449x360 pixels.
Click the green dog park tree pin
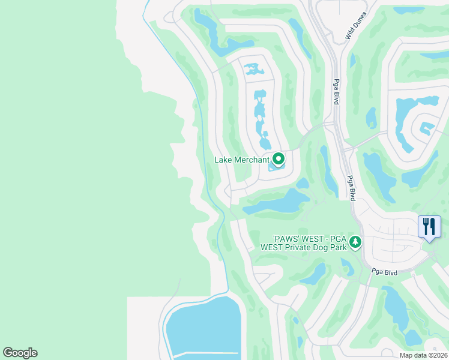[x=355, y=242]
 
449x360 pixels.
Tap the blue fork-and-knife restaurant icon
[x=429, y=227]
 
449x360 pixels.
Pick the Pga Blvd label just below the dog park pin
[x=384, y=272]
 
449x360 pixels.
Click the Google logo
[x=20, y=353]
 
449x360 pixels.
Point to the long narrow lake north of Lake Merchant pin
[x=260, y=114]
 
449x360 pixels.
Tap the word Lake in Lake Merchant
[x=224, y=160]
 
